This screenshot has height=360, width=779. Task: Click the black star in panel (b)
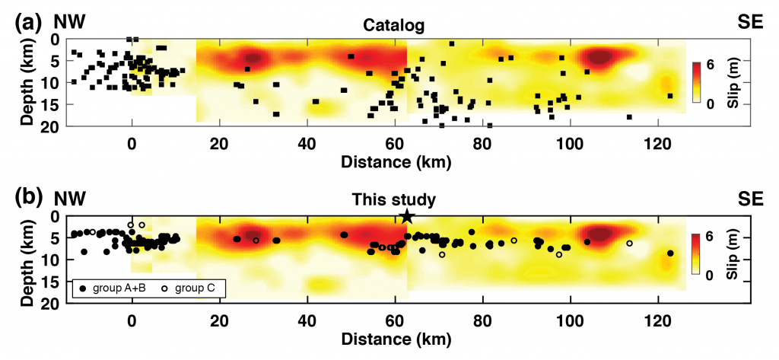pyautogui.click(x=407, y=216)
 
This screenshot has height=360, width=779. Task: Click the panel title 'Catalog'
pyautogui.click(x=393, y=26)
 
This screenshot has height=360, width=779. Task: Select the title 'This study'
pyautogui.click(x=393, y=201)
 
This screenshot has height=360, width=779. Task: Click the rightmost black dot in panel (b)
pyautogui.click(x=670, y=253)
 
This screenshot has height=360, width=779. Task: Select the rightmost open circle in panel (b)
pyautogui.click(x=629, y=244)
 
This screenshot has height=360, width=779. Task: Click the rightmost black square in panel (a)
pyautogui.click(x=670, y=96)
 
